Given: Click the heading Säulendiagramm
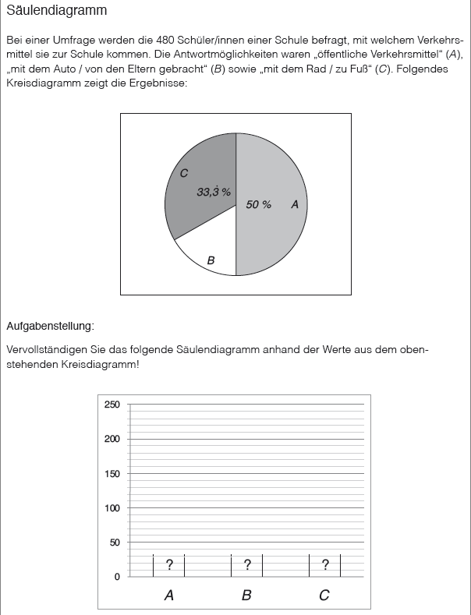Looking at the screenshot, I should point(56,12).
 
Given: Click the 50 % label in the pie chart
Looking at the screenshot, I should point(258,204).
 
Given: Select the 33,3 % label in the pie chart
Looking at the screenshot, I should point(213,191).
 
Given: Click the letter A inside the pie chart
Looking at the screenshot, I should point(295,204).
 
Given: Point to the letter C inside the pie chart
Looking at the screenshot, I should point(184,173).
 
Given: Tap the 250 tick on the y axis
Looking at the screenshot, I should point(112,405).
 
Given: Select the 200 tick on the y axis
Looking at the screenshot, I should point(112,439).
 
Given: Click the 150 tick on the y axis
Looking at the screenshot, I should point(112,473).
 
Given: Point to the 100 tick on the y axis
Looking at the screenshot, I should point(112,507).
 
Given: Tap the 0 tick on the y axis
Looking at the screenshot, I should point(118,577).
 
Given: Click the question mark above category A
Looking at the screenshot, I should point(169,565).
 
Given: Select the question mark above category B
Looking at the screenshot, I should point(247,565).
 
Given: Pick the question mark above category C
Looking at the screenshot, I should point(325,565).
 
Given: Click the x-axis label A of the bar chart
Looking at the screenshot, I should point(169,596).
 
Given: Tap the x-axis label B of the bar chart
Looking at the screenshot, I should point(247,596).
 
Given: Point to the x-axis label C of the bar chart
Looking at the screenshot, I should point(324,596).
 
